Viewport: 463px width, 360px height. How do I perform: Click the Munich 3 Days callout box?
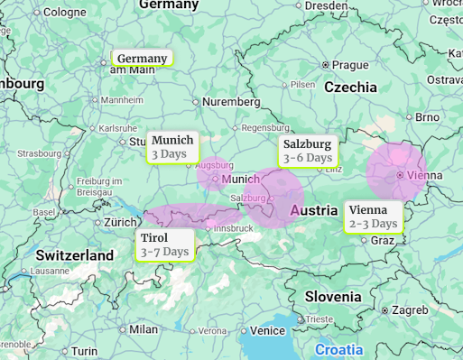click(171, 147)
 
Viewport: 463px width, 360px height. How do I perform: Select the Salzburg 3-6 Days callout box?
click(308, 151)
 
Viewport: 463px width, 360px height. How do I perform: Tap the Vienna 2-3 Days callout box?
click(373, 217)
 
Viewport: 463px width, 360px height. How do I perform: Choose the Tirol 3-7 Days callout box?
click(164, 245)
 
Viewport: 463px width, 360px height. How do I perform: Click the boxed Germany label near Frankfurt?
click(142, 59)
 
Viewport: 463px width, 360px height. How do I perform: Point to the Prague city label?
click(349, 65)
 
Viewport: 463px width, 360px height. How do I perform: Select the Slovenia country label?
click(332, 296)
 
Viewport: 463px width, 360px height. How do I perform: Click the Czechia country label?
click(350, 88)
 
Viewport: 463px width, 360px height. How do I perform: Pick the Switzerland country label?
click(75, 255)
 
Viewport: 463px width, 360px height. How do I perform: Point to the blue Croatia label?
click(338, 349)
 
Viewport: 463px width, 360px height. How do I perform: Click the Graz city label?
click(382, 240)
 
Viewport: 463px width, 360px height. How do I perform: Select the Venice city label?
click(267, 330)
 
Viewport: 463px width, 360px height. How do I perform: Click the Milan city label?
click(143, 329)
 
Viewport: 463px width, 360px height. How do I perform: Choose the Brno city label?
click(426, 117)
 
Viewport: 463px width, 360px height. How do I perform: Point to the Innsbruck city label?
click(233, 228)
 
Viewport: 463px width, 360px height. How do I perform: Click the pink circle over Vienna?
click(395, 171)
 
